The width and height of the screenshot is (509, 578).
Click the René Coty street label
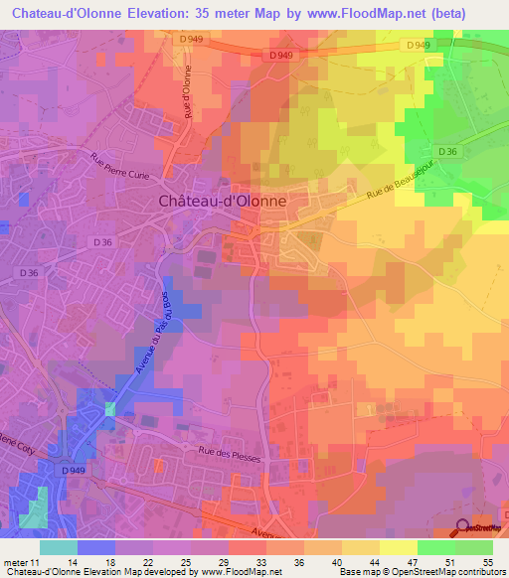pyautogui.click(x=14, y=440)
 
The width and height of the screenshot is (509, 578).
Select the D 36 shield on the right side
pyautogui.click(x=448, y=151)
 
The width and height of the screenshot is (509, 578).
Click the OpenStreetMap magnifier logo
pyautogui.click(x=462, y=529)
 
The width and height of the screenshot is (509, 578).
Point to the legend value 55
pyautogui.click(x=486, y=561)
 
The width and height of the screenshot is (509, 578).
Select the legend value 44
pyautogui.click(x=359, y=561)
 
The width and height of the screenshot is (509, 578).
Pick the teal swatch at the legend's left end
pyautogui.click(x=58, y=546)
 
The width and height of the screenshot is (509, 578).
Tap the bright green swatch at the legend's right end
pyautogui.click(x=473, y=546)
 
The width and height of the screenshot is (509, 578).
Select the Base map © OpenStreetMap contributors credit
pyautogui.click(x=421, y=572)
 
